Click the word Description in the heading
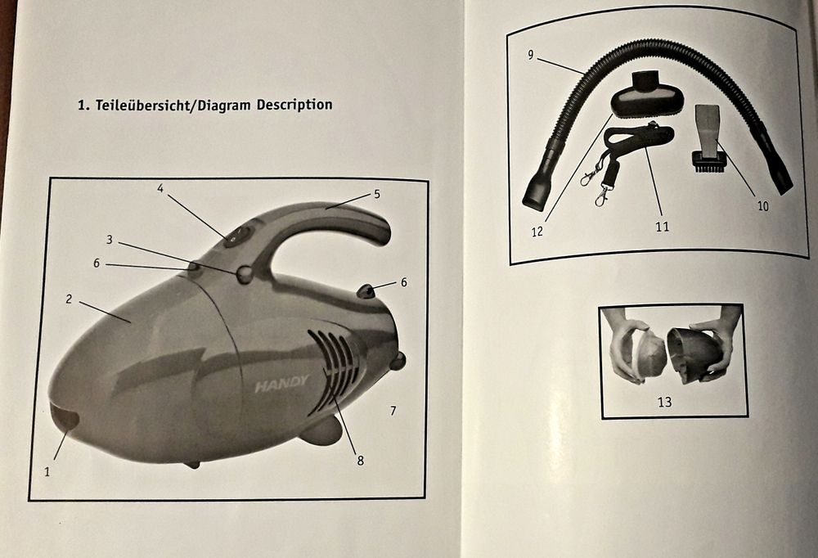294,105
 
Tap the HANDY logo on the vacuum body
281,385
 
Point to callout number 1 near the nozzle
47,472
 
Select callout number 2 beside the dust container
69,299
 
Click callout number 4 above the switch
160,188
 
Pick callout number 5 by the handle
376,194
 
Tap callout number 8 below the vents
361,461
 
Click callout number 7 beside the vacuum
393,411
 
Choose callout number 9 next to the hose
531,55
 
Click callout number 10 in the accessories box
762,206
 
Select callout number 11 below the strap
662,227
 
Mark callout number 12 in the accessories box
537,232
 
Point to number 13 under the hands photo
664,402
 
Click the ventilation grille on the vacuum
334,371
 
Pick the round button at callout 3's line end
245,275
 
